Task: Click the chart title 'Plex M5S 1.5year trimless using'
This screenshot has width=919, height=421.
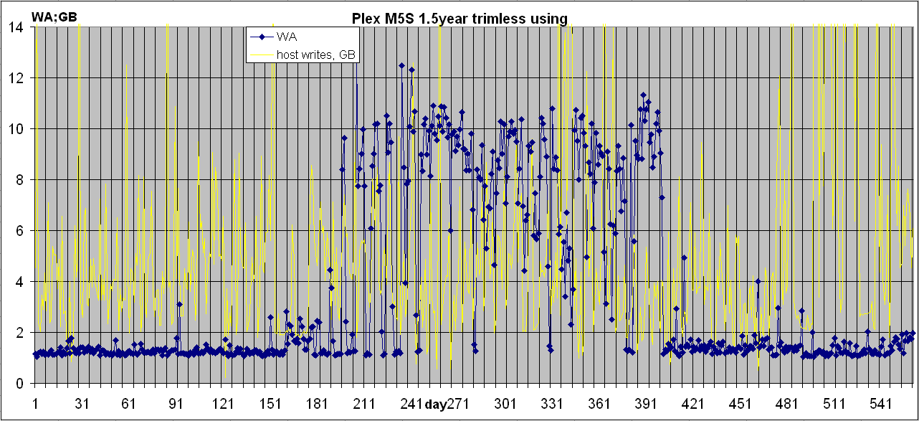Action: coord(459,19)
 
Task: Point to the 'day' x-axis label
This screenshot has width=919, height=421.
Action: coord(435,404)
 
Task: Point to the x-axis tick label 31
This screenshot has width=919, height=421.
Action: coord(82,403)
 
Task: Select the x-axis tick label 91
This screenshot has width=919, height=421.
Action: coord(176,403)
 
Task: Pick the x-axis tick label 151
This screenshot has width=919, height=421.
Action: coord(270,403)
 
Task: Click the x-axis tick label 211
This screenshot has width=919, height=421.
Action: coord(364,403)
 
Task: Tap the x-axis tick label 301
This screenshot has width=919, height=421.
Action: coord(505,403)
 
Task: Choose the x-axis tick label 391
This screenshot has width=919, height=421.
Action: coord(647,403)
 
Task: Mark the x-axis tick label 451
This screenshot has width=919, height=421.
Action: coord(741,403)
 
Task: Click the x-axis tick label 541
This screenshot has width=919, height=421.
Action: coord(882,403)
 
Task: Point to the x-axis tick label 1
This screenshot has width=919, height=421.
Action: coord(35,403)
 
